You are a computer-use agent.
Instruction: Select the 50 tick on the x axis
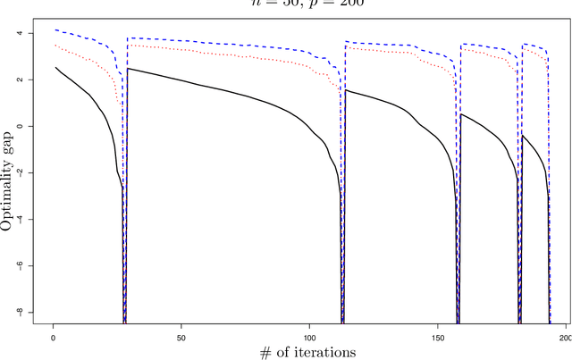click(x=181, y=339)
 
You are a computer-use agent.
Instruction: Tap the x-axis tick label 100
click(x=309, y=339)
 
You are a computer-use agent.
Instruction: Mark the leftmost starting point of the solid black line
click(x=55, y=67)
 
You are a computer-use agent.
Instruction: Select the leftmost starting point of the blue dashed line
click(x=55, y=29)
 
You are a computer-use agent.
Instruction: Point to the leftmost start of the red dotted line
click(x=55, y=45)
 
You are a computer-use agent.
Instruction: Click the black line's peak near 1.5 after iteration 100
click(x=346, y=89)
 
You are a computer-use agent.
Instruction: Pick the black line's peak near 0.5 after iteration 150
click(x=461, y=113)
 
